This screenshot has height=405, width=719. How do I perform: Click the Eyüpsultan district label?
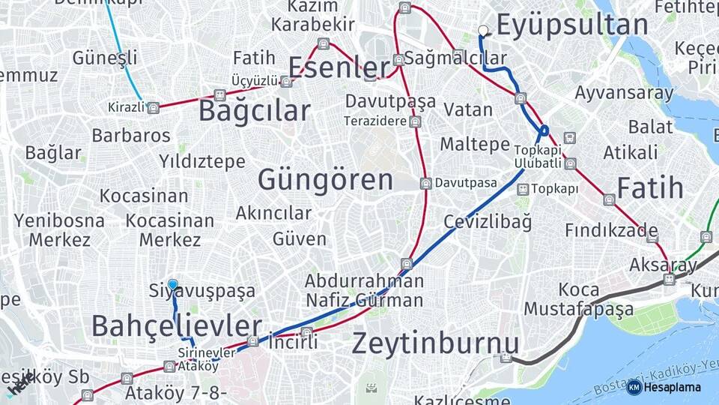point(572,25)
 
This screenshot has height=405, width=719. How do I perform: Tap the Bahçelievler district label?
point(177,326)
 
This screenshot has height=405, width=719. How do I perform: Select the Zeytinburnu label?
point(435,343)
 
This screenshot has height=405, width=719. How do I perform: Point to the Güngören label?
point(325,180)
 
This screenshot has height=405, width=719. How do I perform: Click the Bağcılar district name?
point(254,111)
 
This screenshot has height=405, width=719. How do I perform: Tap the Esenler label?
point(339,67)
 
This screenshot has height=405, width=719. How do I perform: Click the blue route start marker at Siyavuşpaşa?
point(173,284)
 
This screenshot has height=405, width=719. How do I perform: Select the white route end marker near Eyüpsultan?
point(483,31)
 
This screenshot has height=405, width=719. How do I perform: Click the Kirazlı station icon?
point(153,107)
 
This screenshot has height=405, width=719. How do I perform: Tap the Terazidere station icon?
point(415,121)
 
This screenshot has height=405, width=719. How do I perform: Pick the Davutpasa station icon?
point(425,183)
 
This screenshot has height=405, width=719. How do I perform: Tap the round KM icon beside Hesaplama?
point(634,387)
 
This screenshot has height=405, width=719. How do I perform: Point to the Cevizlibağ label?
point(487,222)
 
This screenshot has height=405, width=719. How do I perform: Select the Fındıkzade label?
point(611,229)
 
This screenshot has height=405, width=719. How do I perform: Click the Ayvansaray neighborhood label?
point(624,93)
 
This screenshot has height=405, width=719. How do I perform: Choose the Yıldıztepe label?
point(202,161)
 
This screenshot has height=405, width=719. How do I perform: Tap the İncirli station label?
point(294,342)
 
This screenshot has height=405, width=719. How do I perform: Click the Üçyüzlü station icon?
point(286,81)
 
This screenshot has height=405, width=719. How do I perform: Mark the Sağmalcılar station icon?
point(399,59)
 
